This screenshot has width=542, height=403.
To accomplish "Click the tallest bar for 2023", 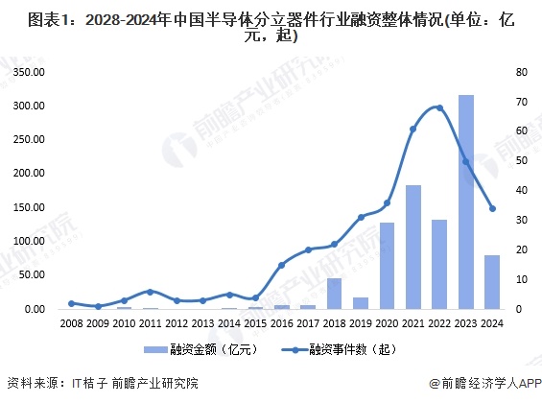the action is point(466,201).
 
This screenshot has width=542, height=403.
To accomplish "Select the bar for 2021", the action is point(413,248).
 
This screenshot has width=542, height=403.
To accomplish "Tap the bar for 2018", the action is point(334,294).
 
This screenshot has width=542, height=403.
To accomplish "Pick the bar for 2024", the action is point(492,282).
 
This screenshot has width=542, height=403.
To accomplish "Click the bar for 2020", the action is point(388,266).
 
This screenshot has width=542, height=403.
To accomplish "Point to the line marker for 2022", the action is point(439,107).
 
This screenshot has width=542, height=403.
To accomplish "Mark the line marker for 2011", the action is point(150,292).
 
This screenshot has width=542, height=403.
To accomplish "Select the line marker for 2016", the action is point(282,265).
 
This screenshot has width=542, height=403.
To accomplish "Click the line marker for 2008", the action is point(71,303).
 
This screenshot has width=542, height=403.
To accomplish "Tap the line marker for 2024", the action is point(492,208).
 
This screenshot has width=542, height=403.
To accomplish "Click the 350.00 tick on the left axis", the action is point(29,72).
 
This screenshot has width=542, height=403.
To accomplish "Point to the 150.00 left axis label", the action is point(29,207).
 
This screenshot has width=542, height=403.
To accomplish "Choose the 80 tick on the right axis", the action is point(522,72).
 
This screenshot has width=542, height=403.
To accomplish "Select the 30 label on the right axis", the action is point(522,220).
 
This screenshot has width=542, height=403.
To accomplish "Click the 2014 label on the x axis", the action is point(229,323).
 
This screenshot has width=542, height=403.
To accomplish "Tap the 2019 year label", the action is point(361,323).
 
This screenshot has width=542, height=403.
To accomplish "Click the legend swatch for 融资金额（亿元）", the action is point(155,350).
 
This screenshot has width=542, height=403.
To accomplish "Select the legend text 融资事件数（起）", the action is point(353,350).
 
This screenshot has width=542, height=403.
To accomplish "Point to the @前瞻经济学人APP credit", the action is point(485,383).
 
